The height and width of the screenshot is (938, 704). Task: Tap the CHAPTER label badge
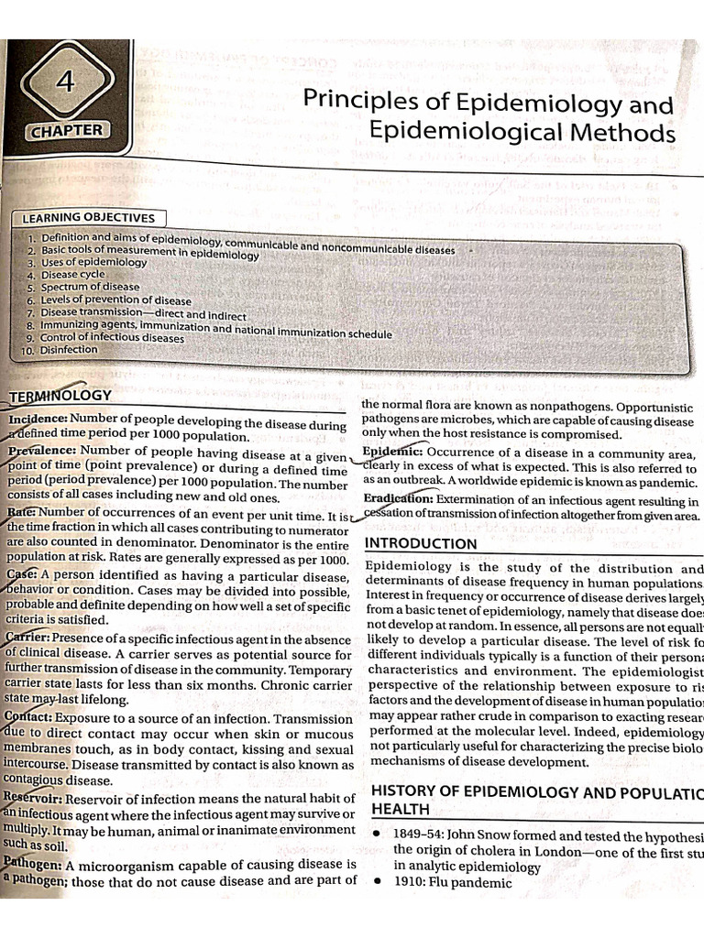[x=68, y=131]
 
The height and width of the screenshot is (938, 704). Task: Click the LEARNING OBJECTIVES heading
[x=88, y=218]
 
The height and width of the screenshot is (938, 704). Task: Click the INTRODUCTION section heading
[x=421, y=543]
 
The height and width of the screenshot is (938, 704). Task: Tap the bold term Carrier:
[x=27, y=638]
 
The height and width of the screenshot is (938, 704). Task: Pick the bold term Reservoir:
[x=32, y=798]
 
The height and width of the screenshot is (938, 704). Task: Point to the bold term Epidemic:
[x=392, y=452]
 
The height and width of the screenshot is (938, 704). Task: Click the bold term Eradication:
[x=398, y=499]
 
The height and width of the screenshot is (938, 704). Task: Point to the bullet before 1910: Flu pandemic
[x=376, y=884]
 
